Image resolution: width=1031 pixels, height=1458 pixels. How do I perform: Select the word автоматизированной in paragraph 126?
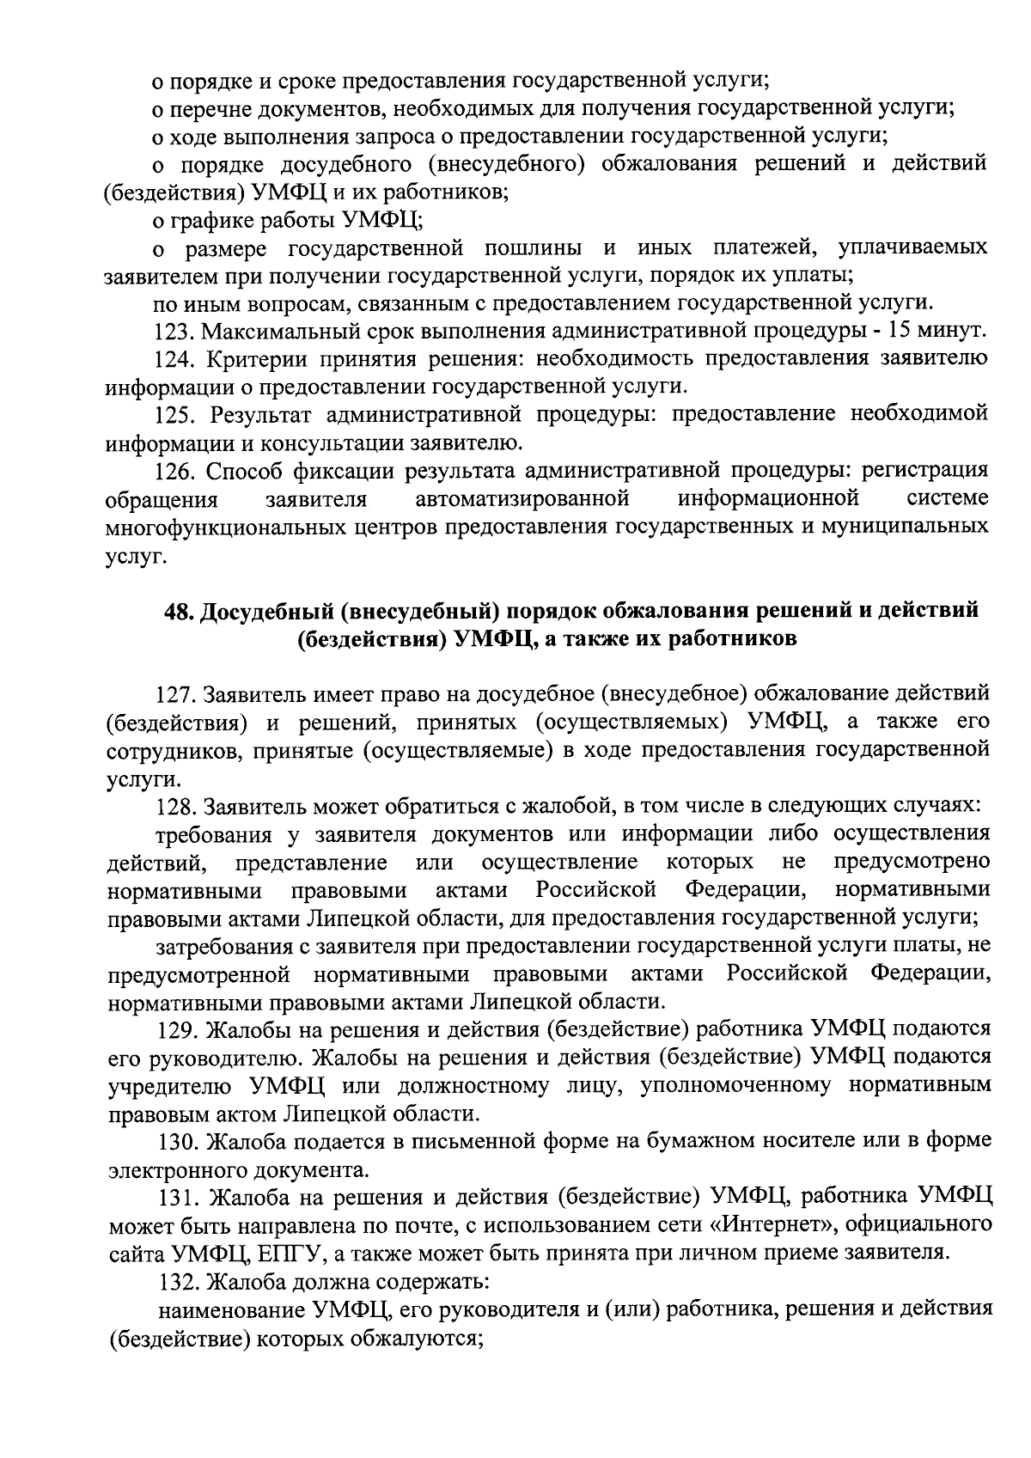522,499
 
